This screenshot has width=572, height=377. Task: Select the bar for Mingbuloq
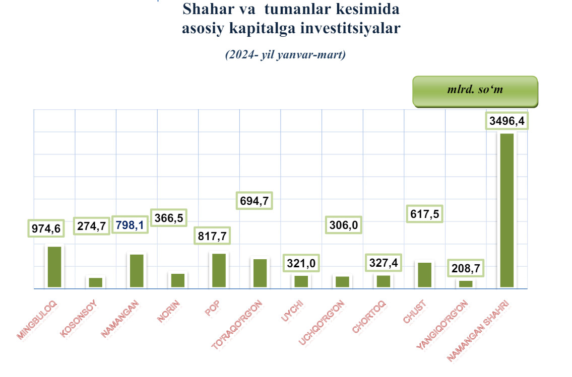pyautogui.click(x=54, y=267)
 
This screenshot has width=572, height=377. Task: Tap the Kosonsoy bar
pyautogui.click(x=96, y=282)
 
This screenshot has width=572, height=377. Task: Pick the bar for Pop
pyautogui.click(x=219, y=270)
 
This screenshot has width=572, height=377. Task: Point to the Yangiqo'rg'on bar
pyautogui.click(x=466, y=284)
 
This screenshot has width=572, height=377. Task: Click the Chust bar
pyautogui.click(x=425, y=275)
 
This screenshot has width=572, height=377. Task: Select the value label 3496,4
pyautogui.click(x=507, y=121)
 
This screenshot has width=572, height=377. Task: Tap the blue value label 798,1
pyautogui.click(x=130, y=225)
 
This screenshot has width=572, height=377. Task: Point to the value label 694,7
pyautogui.click(x=254, y=201)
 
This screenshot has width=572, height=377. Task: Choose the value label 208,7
pyautogui.click(x=466, y=267)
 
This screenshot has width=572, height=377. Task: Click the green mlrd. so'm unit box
pyautogui.click(x=475, y=91)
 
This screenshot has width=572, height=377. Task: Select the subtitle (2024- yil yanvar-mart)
pyautogui.click(x=285, y=55)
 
